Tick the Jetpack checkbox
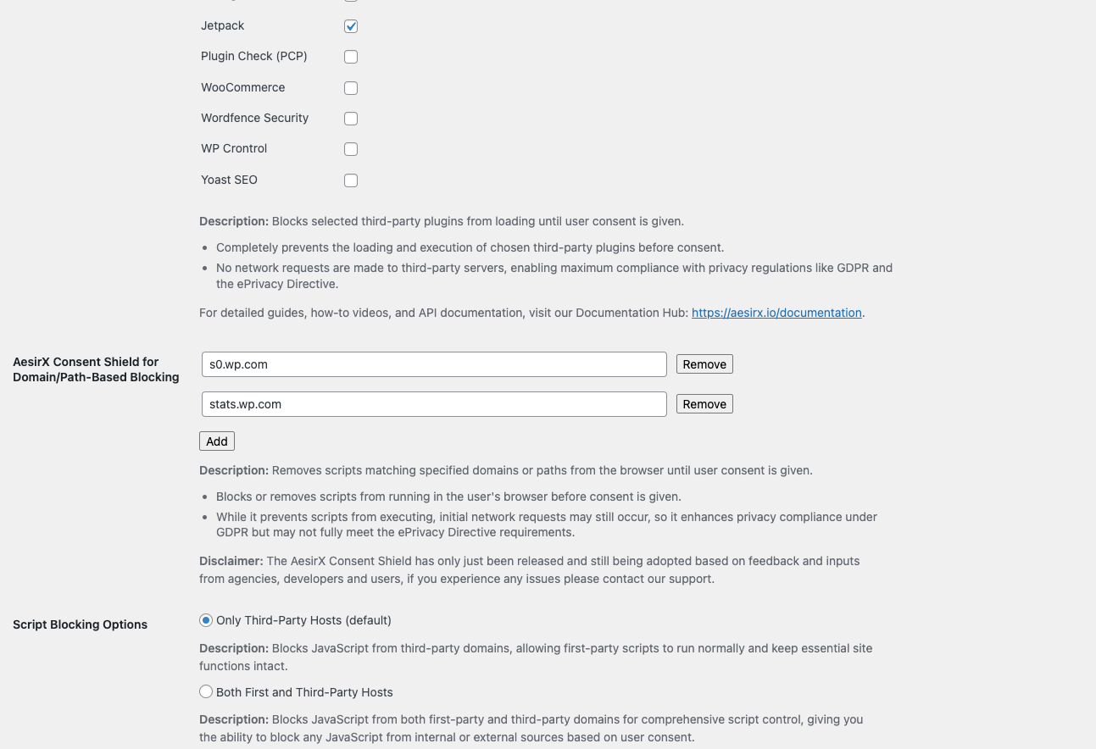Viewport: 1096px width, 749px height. pyautogui.click(x=351, y=26)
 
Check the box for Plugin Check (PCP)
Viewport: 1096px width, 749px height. pyautogui.click(x=351, y=57)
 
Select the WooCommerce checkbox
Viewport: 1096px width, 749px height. pyautogui.click(x=351, y=88)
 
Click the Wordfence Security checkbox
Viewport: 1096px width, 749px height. pyautogui.click(x=351, y=119)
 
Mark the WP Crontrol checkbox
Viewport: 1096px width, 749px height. pyautogui.click(x=351, y=149)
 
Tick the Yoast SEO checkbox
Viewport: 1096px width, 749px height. pyautogui.click(x=351, y=180)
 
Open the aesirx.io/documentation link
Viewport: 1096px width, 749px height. pyautogui.click(x=776, y=313)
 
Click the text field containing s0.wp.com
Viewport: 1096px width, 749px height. pyautogui.click(x=434, y=364)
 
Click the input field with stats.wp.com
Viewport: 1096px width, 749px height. pyautogui.click(x=434, y=404)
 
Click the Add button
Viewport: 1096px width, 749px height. pyautogui.click(x=217, y=441)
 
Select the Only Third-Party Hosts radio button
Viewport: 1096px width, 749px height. pyautogui.click(x=206, y=620)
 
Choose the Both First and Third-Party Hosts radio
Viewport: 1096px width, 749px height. pyautogui.click(x=206, y=692)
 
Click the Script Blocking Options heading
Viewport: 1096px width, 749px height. pyautogui.click(x=81, y=624)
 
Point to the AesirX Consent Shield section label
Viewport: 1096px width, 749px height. pyautogui.click(x=96, y=369)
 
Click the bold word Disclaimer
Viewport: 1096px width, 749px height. pyautogui.click(x=231, y=561)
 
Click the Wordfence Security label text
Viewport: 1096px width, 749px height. pyautogui.click(x=254, y=118)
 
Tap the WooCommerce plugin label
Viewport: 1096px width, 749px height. pyautogui.click(x=242, y=87)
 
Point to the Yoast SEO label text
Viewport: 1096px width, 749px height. pyautogui.click(x=229, y=180)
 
